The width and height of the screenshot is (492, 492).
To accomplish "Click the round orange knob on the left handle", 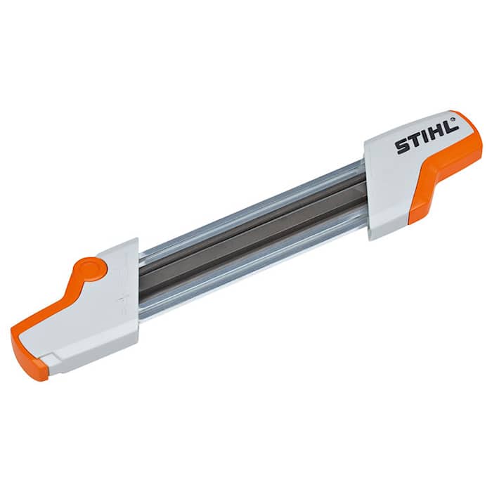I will pos(89,270).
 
